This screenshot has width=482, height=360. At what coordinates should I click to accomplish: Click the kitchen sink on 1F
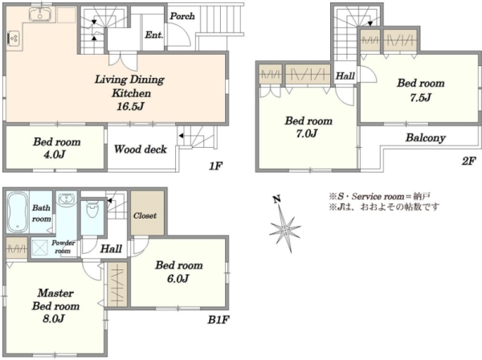pos(40,14)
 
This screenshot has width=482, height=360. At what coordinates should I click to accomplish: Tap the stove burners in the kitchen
pos(14,39)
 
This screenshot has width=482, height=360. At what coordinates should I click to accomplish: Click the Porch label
pos(182,16)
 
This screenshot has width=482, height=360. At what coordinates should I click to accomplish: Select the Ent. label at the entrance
pos(153,35)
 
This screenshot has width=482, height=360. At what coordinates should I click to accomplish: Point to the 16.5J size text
pos(130,106)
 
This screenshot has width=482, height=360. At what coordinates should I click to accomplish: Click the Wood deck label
pos(141,149)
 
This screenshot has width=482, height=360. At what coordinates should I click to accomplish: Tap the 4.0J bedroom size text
pos(55,154)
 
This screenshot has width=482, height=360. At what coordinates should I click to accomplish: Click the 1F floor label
pos(215,166)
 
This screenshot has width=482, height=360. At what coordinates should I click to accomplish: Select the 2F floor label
pos(469,161)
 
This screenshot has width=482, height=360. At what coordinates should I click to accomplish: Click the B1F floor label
pos(219,320)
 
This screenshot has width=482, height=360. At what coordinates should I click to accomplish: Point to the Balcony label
pos(426,137)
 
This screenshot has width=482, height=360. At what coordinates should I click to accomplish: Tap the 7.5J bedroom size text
pos(420,97)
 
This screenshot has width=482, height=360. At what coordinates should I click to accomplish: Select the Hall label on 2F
pos(345,76)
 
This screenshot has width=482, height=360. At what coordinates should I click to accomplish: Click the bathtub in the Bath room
pos(18,212)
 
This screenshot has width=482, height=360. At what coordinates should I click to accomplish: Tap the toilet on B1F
pos(92,209)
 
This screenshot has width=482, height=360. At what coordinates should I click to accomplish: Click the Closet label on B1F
pos(145,216)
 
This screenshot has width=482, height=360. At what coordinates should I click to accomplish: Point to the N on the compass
pos(276,200)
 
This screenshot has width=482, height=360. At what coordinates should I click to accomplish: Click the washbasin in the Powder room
pos(67,198)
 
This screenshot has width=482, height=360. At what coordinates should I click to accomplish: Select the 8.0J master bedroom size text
pos(54,319)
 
